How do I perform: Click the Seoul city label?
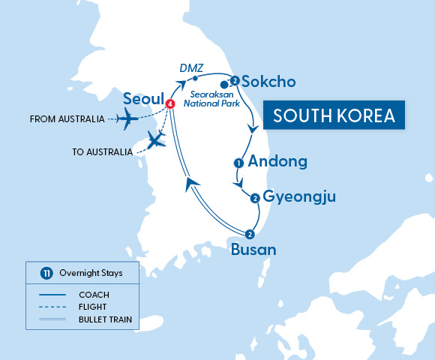[x=145, y=99]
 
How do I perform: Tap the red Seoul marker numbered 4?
[x=169, y=103]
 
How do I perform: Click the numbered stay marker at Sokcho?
[x=235, y=80]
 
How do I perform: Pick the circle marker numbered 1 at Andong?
[x=238, y=162]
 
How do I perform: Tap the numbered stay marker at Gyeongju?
[x=255, y=198]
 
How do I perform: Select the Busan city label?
[x=253, y=250]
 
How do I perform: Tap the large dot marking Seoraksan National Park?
[x=224, y=85]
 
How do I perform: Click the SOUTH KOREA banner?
[x=334, y=116]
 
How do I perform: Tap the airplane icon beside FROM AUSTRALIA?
[x=130, y=118]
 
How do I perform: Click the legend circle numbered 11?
[x=46, y=273]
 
